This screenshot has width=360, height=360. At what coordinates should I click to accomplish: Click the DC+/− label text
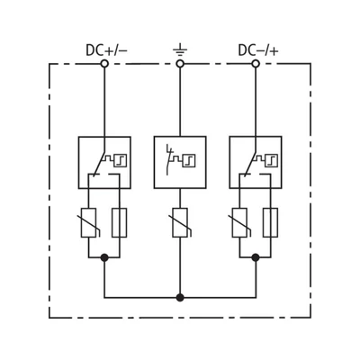[x=106, y=50]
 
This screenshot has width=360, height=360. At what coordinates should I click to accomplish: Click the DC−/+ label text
[x=258, y=50]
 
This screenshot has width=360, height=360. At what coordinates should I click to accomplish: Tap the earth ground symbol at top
[x=180, y=50]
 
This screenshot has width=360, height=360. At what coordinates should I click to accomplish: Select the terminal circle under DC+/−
[x=104, y=64]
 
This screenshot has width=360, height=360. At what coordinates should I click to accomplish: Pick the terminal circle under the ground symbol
[x=180, y=64]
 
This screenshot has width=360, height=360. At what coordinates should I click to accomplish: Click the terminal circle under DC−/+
[x=256, y=64]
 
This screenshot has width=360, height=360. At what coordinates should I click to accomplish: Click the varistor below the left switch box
[x=89, y=222]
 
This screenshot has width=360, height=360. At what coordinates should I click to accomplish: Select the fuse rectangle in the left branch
[x=120, y=222]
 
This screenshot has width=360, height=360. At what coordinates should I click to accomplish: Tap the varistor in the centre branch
[x=180, y=222]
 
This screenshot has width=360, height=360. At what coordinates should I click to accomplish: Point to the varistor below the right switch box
[x=240, y=222]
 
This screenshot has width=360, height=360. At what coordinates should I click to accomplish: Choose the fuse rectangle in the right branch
[x=270, y=222]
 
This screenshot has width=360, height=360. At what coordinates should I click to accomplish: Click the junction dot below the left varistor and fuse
[x=104, y=257]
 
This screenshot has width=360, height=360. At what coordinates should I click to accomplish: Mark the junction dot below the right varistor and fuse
[x=256, y=257]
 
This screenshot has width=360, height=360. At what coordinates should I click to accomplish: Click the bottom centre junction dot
[x=180, y=298]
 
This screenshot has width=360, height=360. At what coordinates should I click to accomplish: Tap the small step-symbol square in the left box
[x=120, y=160]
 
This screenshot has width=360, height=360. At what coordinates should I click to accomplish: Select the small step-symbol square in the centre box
[x=189, y=160]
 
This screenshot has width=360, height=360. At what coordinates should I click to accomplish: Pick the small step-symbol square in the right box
[x=271, y=160]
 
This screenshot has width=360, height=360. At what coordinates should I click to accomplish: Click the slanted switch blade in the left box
[x=99, y=162]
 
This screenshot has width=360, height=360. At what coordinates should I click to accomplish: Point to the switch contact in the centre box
[x=169, y=159]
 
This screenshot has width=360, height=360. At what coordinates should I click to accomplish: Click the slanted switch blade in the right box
[x=250, y=162]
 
